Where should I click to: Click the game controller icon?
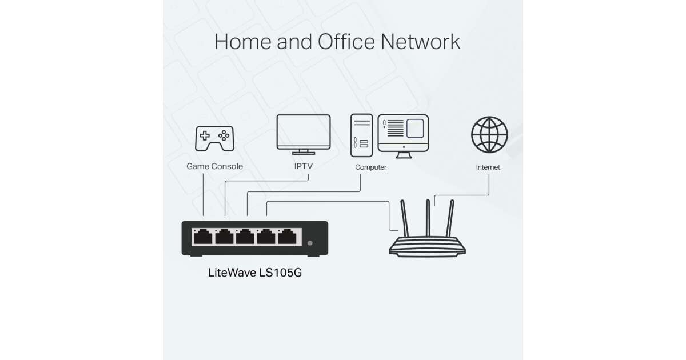(x=214, y=139)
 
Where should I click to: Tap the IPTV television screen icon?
(x=303, y=132)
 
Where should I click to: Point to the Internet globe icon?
(x=489, y=134)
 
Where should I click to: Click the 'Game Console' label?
(x=214, y=167)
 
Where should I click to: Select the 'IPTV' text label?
(x=303, y=167)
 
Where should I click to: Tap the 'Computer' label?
(x=370, y=167)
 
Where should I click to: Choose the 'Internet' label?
(x=488, y=167)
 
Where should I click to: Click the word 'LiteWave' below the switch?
(x=231, y=273)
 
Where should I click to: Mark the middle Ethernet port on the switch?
(x=246, y=235)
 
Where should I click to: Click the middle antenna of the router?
(x=426, y=220)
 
